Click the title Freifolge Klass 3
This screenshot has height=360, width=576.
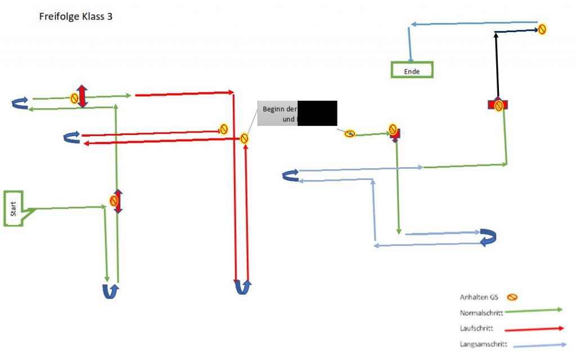[x=76, y=16]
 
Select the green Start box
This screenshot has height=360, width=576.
[x=14, y=209]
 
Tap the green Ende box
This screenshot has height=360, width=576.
[x=412, y=70]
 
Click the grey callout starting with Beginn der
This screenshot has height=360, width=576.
[x=277, y=114]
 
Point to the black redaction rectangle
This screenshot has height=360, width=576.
[x=317, y=112]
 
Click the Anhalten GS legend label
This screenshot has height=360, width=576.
[x=479, y=297]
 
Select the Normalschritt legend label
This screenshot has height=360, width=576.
[x=481, y=312]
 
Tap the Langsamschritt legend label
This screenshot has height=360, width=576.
[x=484, y=344]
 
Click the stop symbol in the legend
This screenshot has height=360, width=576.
[x=512, y=297]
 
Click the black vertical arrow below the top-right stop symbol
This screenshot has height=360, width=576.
[x=496, y=65]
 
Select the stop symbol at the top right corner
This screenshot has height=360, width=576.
[x=542, y=29]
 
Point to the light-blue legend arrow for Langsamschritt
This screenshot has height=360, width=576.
[x=540, y=344]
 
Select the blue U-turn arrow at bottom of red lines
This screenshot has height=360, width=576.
[x=242, y=287]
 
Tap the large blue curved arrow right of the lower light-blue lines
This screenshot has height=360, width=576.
[x=488, y=237]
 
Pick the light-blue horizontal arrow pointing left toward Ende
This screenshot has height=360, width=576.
[x=472, y=24]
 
